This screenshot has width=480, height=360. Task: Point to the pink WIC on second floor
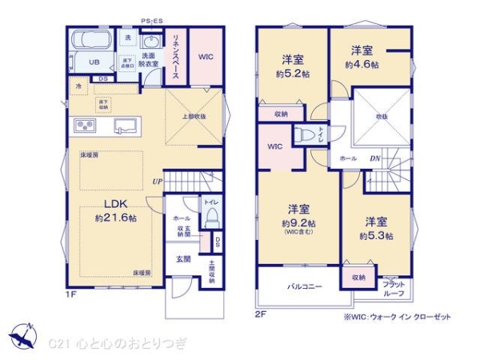point(274,146)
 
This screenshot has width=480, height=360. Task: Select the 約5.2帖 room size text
point(291,70)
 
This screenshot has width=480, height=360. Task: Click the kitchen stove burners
point(86,126)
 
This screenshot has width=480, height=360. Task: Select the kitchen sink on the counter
point(125,126)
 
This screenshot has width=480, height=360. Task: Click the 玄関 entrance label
point(183,259)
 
